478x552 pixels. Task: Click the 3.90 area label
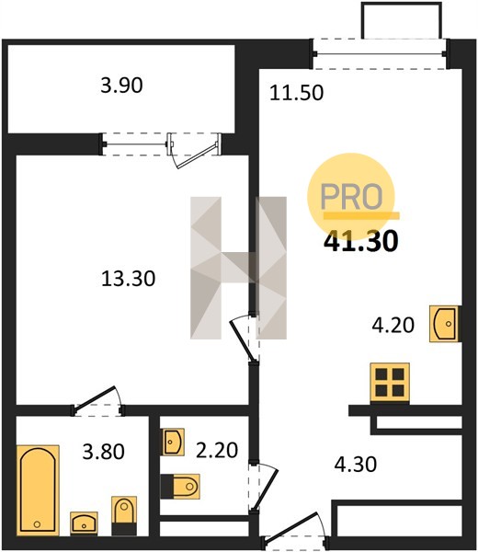121,86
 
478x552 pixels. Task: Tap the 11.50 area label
296,93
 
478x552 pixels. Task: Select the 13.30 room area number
128,279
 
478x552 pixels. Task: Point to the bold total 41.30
361,241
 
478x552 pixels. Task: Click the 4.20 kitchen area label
393,325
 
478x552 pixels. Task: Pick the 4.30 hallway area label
356,464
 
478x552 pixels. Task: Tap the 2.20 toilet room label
217,450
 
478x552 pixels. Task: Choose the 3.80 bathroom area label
103,452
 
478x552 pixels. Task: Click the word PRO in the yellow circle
351,197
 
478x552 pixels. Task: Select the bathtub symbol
38,489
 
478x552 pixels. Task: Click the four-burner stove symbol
390,383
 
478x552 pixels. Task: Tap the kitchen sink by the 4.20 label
445,324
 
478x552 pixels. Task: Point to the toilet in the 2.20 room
180,486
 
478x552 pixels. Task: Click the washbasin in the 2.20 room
173,442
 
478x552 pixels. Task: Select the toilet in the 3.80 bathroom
124,515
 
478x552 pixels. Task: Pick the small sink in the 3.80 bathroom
84,523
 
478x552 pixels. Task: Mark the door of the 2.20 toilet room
263,486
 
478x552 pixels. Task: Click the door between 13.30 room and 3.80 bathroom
97,401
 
